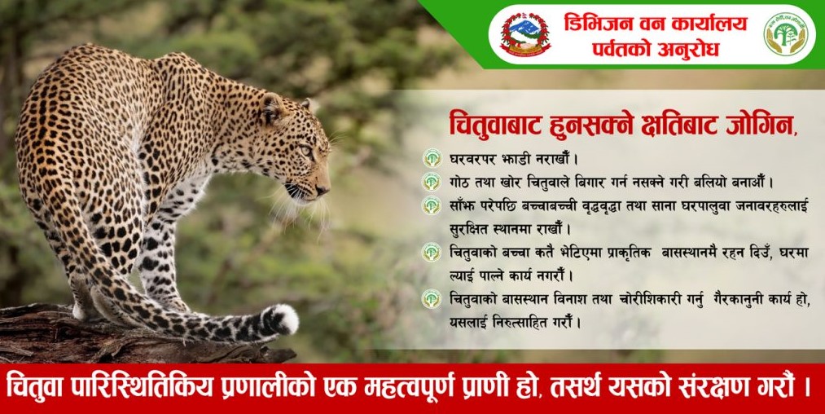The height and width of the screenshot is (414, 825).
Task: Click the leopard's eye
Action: point(305,151)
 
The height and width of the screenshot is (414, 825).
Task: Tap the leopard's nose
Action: point(323,189)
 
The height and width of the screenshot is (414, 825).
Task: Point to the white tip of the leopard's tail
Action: point(284,319)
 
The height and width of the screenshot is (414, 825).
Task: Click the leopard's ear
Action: point(274,107)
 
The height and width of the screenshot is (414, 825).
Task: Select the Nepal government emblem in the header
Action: point(525,33)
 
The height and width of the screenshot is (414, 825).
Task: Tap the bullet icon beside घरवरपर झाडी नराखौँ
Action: point(432,158)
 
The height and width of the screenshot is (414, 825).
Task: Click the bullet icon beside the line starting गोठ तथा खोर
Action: point(432,182)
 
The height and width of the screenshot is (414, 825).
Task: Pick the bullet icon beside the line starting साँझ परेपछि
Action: point(432,205)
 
